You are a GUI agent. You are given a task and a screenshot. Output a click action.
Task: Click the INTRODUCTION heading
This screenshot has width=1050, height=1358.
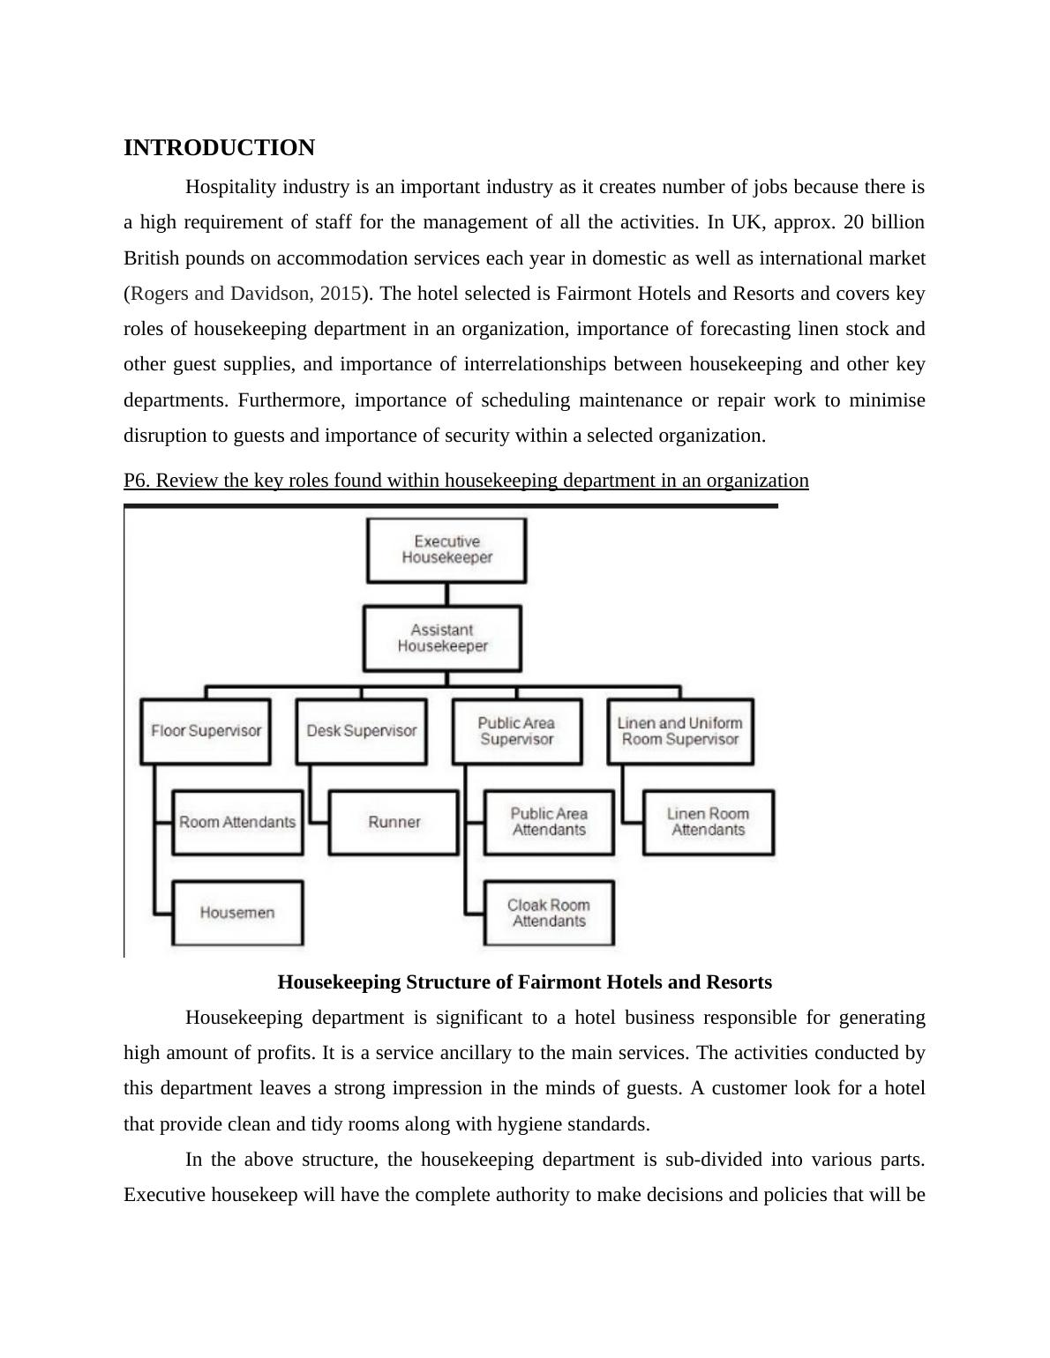coord(219,148)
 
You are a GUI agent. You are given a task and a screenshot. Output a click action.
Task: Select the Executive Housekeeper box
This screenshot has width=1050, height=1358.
coord(446,549)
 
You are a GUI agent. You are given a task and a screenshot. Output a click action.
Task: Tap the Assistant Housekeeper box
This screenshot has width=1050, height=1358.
coord(442,638)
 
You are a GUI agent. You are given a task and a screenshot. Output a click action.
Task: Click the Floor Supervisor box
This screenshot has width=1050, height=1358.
coord(206,731)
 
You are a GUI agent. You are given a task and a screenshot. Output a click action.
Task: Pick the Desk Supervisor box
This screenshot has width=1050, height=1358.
coord(362,731)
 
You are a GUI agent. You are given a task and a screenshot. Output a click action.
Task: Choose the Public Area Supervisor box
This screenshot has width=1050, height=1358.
coord(517,731)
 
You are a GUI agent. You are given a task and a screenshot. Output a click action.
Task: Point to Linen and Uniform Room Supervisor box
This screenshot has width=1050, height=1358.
coord(679,731)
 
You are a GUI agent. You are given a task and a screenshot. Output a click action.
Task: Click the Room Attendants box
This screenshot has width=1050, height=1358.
coord(237,822)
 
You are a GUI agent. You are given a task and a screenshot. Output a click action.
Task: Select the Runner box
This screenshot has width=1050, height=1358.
coord(394,822)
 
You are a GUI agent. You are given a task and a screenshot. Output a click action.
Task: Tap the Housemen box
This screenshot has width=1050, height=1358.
coord(237,913)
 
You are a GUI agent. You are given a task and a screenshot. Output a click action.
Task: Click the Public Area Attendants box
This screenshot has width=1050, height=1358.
coord(549,822)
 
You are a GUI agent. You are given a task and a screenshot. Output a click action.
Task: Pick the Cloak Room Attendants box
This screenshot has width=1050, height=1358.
coord(549,913)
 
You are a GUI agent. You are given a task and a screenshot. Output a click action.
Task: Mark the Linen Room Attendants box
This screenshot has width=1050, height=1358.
coord(708,822)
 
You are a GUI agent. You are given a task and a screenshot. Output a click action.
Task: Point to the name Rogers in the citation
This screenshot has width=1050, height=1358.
coord(159,294)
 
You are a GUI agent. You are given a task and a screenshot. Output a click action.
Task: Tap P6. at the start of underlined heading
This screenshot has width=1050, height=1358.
coord(137,481)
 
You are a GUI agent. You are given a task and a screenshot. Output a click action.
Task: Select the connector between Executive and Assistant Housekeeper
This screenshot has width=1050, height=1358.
coord(446,593)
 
